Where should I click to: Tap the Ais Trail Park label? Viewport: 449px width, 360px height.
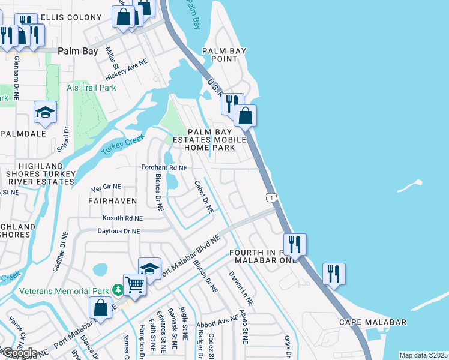pos(91,88)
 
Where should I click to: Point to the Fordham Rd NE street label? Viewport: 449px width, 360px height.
pos(164,168)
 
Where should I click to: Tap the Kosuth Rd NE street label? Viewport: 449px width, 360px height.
pos(122,218)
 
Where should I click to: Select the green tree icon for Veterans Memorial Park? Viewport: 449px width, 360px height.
pos(118,291)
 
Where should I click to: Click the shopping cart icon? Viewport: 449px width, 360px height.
pos(135,284)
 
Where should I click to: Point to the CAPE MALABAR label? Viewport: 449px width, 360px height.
pos(372,322)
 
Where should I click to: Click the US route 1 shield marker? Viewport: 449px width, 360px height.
pos(272,197)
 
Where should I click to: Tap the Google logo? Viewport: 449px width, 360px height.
pos(19,352)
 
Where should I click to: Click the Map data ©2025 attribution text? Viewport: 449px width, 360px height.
pos(423,355)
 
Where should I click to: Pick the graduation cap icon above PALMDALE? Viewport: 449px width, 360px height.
pos(45,112)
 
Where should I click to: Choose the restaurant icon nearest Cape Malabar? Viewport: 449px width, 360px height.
pos(334,274)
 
